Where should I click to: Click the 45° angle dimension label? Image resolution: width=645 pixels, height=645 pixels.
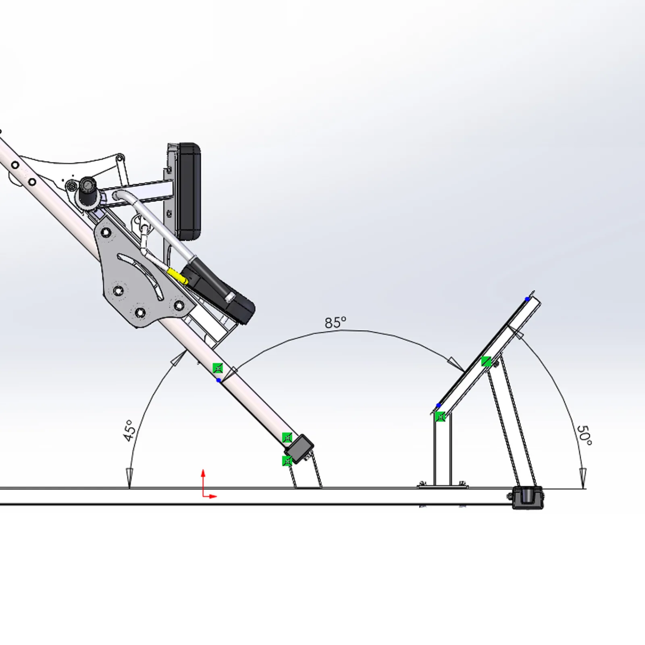[129, 431]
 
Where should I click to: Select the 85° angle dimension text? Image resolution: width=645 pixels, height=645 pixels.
[335, 322]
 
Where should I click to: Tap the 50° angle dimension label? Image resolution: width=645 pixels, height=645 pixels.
[584, 435]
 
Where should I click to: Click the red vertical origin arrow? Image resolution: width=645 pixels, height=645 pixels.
[203, 483]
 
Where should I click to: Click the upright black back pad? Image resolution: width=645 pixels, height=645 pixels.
[188, 191]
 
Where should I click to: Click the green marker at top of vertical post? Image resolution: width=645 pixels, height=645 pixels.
[440, 416]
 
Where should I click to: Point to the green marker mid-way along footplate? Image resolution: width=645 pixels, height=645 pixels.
[487, 361]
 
